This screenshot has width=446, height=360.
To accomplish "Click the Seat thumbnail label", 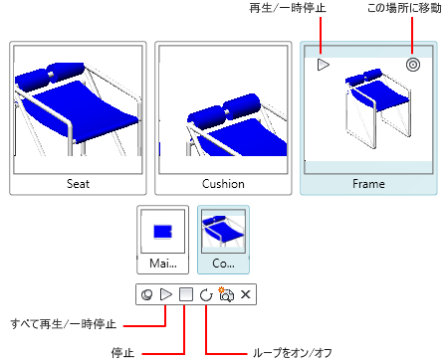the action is click(x=78, y=184).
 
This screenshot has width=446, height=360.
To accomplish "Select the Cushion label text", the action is click(x=223, y=184).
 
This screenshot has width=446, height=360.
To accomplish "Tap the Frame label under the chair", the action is click(x=368, y=184).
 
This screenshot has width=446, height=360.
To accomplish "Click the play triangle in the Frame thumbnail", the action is click(x=323, y=65).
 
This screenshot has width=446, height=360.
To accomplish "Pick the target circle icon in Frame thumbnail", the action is click(x=413, y=65).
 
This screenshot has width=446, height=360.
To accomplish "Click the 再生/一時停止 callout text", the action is click(x=288, y=8).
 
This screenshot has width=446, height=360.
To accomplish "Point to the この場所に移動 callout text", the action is click(x=404, y=8).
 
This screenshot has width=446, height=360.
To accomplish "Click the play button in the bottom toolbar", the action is click(x=166, y=294).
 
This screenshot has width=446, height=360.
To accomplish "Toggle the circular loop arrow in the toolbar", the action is click(x=206, y=294).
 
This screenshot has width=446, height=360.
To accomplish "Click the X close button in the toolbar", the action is click(x=245, y=294).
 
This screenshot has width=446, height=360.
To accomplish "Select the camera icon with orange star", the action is click(x=226, y=294).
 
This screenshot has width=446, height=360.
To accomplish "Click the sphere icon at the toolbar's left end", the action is click(x=147, y=294).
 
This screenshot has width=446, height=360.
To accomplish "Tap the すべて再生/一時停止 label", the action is click(x=64, y=324).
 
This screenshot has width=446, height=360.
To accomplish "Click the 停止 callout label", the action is click(x=122, y=353).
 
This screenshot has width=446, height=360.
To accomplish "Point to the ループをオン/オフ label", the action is click(x=293, y=353).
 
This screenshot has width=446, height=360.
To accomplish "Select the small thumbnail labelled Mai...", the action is click(x=163, y=240).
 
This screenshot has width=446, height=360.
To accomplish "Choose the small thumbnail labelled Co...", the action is click(x=223, y=240).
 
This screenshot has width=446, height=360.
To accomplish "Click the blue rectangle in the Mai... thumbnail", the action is click(x=162, y=232).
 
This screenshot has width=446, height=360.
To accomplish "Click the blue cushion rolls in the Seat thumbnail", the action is click(x=50, y=75).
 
